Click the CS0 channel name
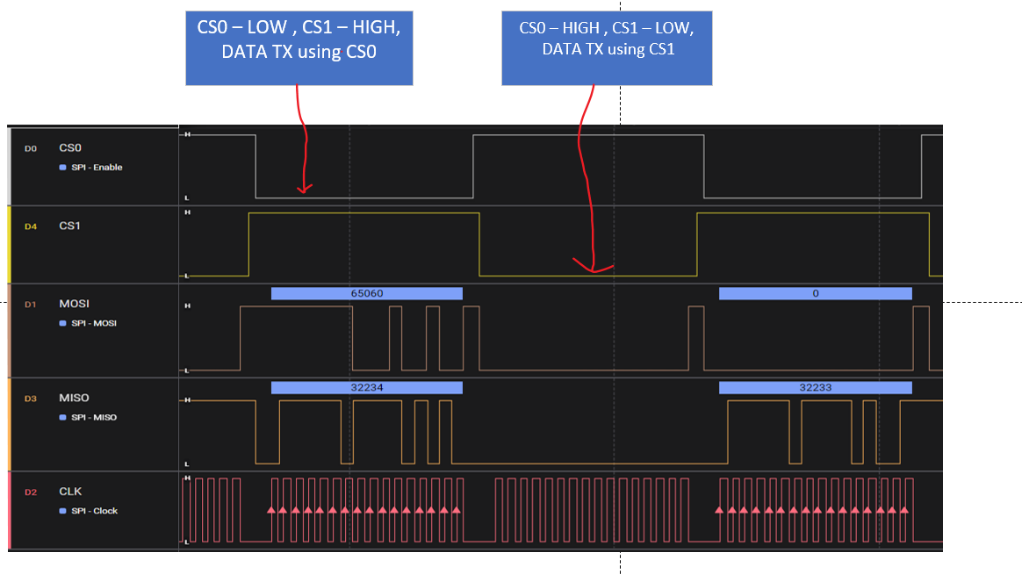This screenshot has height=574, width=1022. point(70,148)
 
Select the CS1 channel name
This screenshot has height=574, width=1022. point(70,226)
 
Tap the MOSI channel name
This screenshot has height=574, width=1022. point(75,304)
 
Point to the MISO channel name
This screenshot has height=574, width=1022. point(75,398)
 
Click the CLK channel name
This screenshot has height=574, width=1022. point(70,491)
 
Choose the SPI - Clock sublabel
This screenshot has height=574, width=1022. point(94,511)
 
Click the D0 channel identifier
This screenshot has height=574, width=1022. point(31,149)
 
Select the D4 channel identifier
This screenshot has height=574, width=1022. point(31,226)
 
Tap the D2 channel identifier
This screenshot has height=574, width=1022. point(31,492)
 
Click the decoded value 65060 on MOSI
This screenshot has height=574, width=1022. point(366,294)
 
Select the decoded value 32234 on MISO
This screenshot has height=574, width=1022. point(366,387)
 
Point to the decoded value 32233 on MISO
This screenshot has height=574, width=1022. point(815,387)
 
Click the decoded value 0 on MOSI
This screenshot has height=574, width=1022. point(815,294)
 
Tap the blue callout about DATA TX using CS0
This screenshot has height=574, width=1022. point(299,48)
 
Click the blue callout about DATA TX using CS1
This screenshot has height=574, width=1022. point(607,48)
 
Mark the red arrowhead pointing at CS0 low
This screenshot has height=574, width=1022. point(304,187)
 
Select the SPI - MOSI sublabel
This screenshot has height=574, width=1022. point(94,323)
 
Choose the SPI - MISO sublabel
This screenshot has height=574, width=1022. point(94,417)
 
